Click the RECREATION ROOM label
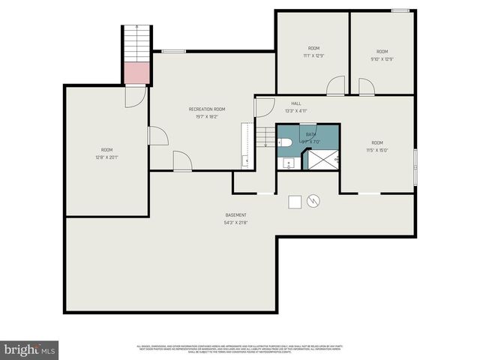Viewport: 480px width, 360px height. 206,109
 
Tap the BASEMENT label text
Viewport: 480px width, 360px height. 235,215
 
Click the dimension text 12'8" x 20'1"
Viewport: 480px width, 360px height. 107,157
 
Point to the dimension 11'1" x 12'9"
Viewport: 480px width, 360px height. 313,55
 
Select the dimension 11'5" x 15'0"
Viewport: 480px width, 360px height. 376,150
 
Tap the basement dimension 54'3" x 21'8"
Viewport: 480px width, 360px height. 235,223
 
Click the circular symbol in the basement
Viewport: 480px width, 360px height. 313,201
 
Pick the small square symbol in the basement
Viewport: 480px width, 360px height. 295,202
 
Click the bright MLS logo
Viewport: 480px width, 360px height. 30,349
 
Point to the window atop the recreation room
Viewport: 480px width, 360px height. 174,51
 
